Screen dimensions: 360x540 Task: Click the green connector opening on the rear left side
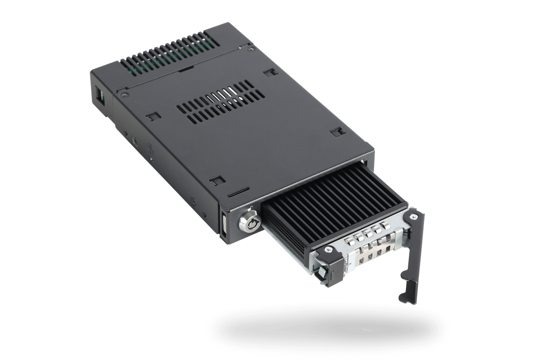click(100, 95)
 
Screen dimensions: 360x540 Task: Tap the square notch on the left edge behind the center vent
click(151, 115)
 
